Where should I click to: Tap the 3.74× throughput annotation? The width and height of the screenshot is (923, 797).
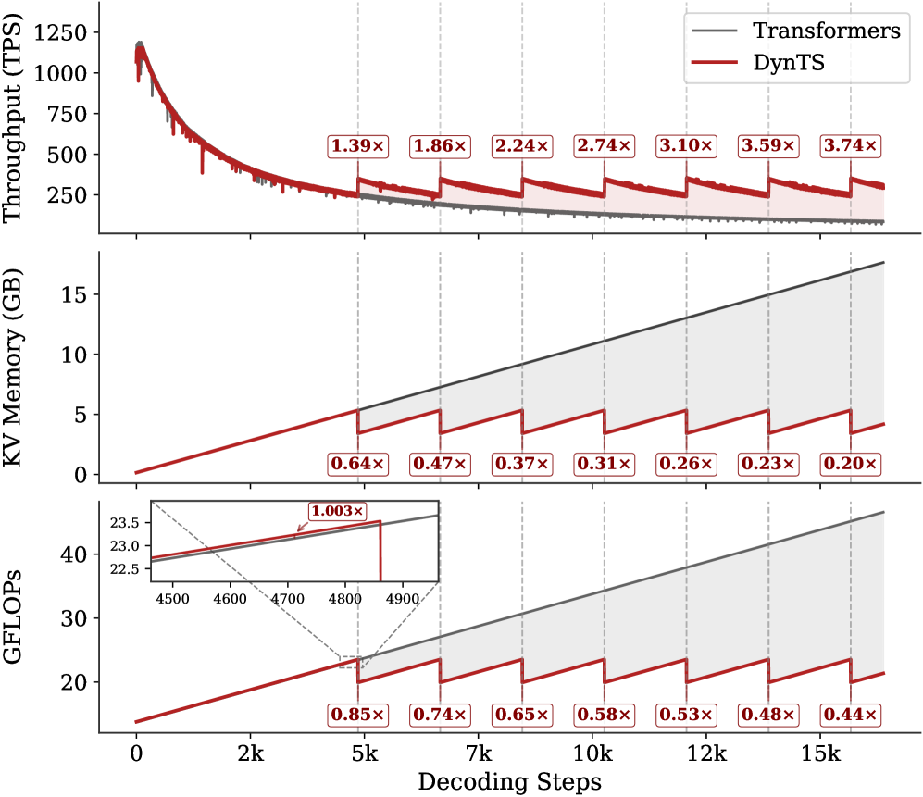[x=851, y=145]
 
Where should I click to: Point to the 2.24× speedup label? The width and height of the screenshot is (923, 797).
[x=522, y=145]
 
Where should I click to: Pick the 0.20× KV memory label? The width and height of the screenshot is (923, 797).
[x=851, y=462]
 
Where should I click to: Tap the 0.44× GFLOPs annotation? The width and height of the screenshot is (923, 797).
[x=851, y=715]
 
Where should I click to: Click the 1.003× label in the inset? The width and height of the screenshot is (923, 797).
[x=338, y=511]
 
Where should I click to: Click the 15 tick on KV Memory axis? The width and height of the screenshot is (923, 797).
[x=76, y=295]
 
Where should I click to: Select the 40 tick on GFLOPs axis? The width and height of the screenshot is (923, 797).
[x=76, y=554]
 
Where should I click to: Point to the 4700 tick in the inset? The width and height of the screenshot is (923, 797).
[x=288, y=598]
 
